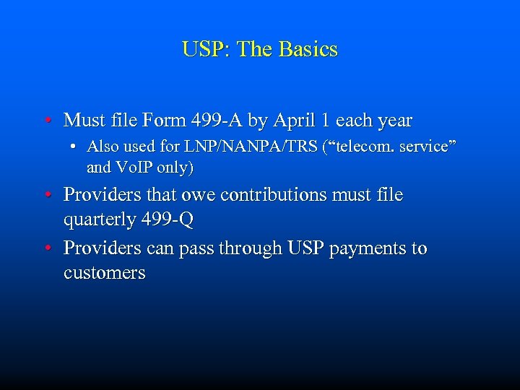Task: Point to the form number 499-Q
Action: [x=168, y=220]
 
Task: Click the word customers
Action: [x=104, y=273]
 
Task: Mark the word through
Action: [x=248, y=248]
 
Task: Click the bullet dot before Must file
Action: [x=46, y=120]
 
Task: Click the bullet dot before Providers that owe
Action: [x=46, y=196]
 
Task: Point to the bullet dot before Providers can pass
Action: [x=46, y=249]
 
